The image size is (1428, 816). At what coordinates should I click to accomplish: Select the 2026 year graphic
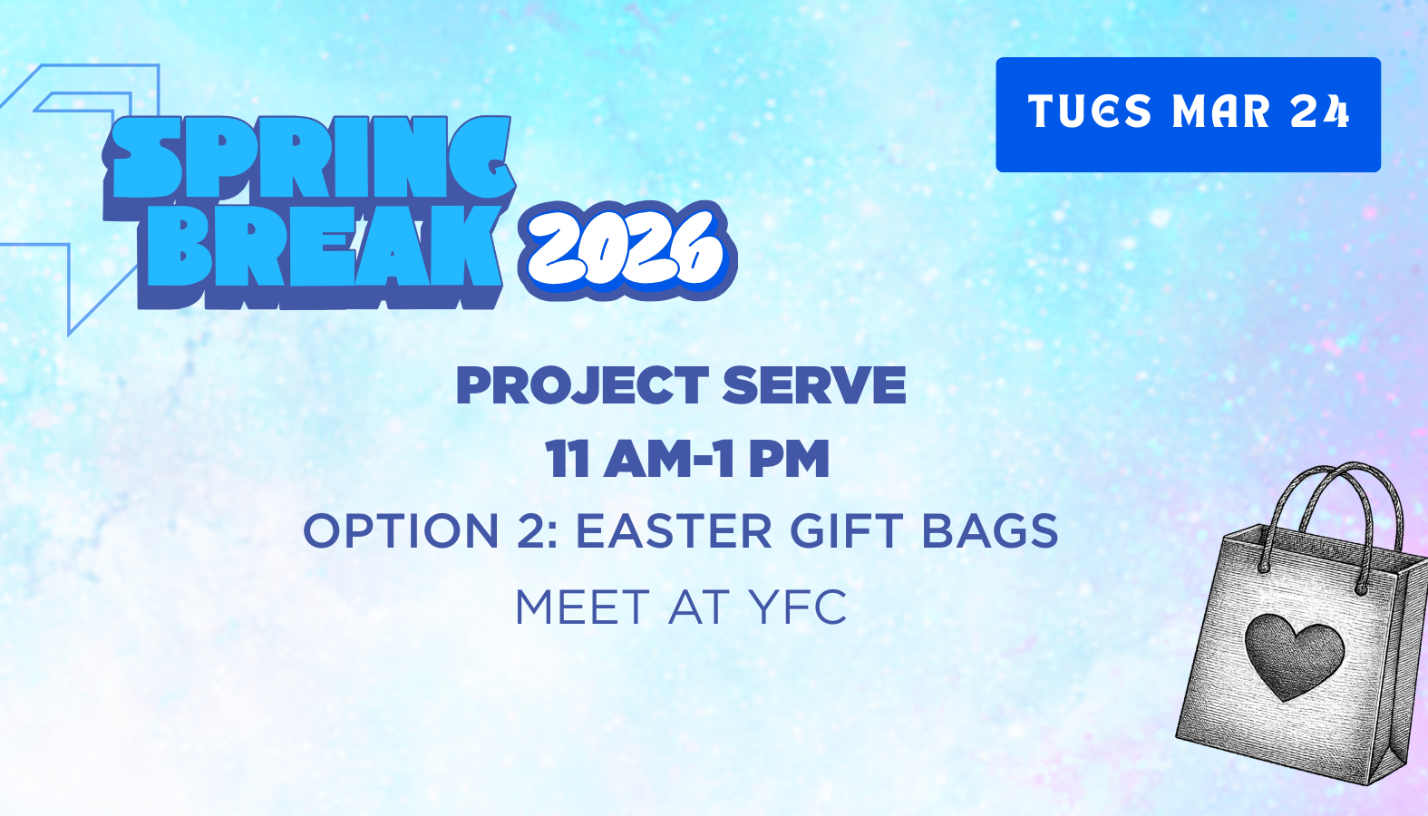point(626,249)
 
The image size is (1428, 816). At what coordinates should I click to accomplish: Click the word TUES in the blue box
point(1089,112)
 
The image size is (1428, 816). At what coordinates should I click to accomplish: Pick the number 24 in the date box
point(1320,112)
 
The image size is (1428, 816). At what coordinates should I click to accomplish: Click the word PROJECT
point(581,385)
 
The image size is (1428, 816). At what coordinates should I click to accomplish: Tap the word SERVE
point(814,385)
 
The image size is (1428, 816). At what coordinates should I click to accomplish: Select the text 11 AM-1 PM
point(687,459)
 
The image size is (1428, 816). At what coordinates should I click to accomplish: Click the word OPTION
point(400,531)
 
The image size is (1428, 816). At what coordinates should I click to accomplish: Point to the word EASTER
point(674,531)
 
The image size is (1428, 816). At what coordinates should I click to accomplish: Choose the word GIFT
point(846,531)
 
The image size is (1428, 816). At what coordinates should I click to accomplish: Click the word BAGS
point(989,531)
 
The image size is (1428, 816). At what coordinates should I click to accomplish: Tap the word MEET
point(582,607)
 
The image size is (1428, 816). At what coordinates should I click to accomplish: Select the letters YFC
point(798,607)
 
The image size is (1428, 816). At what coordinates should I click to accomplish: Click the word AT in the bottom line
point(698,607)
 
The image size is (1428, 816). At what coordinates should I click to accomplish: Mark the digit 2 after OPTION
point(532,531)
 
